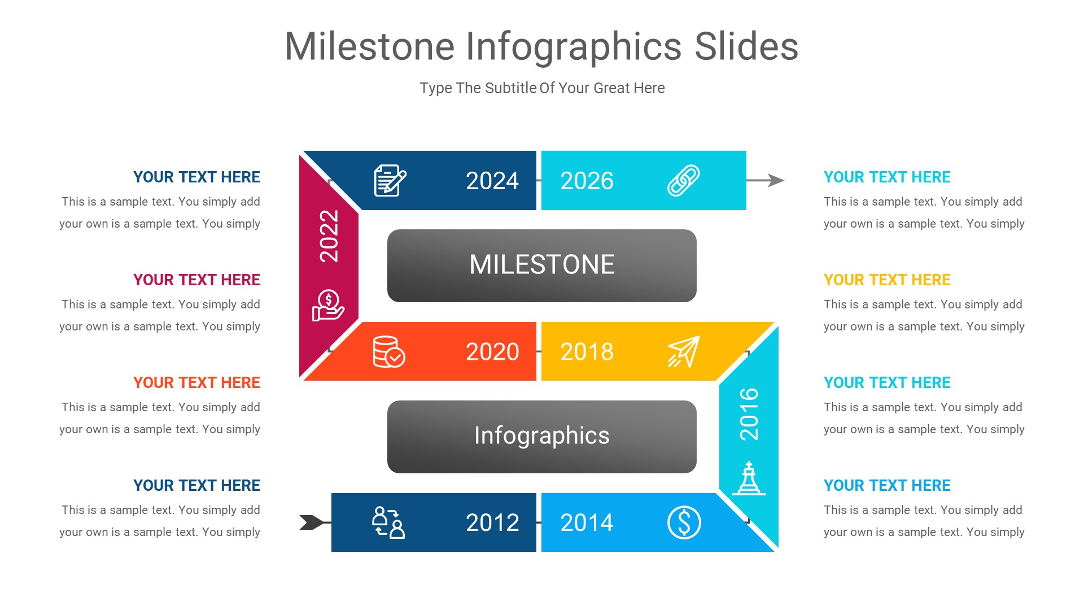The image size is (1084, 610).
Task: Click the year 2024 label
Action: pyautogui.click(x=492, y=181)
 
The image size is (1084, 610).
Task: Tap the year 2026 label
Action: pyautogui.click(x=587, y=181)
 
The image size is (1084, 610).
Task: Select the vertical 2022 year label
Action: pyautogui.click(x=329, y=236)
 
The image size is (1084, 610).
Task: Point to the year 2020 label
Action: pyautogui.click(x=492, y=352)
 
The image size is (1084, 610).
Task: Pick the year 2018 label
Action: pyautogui.click(x=587, y=352)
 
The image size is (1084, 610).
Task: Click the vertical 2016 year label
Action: pyautogui.click(x=749, y=414)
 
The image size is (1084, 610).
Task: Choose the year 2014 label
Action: pyautogui.click(x=587, y=522)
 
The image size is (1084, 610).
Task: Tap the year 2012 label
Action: pyautogui.click(x=492, y=522)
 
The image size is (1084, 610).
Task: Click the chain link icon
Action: pyautogui.click(x=684, y=181)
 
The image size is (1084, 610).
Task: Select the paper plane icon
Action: pyautogui.click(x=684, y=351)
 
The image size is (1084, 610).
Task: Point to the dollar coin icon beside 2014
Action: pyautogui.click(x=684, y=522)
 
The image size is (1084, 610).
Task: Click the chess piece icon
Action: pyautogui.click(x=749, y=479)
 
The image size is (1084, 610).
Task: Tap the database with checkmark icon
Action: pyautogui.click(x=389, y=352)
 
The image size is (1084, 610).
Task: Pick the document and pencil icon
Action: pyautogui.click(x=390, y=181)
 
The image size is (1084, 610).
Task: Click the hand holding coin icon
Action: pyautogui.click(x=328, y=306)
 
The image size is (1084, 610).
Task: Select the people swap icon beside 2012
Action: pyautogui.click(x=388, y=522)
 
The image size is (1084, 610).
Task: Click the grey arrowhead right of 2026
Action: pyautogui.click(x=776, y=180)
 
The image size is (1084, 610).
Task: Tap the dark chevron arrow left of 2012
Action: pyautogui.click(x=311, y=522)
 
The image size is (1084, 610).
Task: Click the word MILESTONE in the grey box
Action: pyautogui.click(x=541, y=265)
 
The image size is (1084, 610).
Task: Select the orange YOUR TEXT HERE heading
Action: pyautogui.click(x=196, y=382)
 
